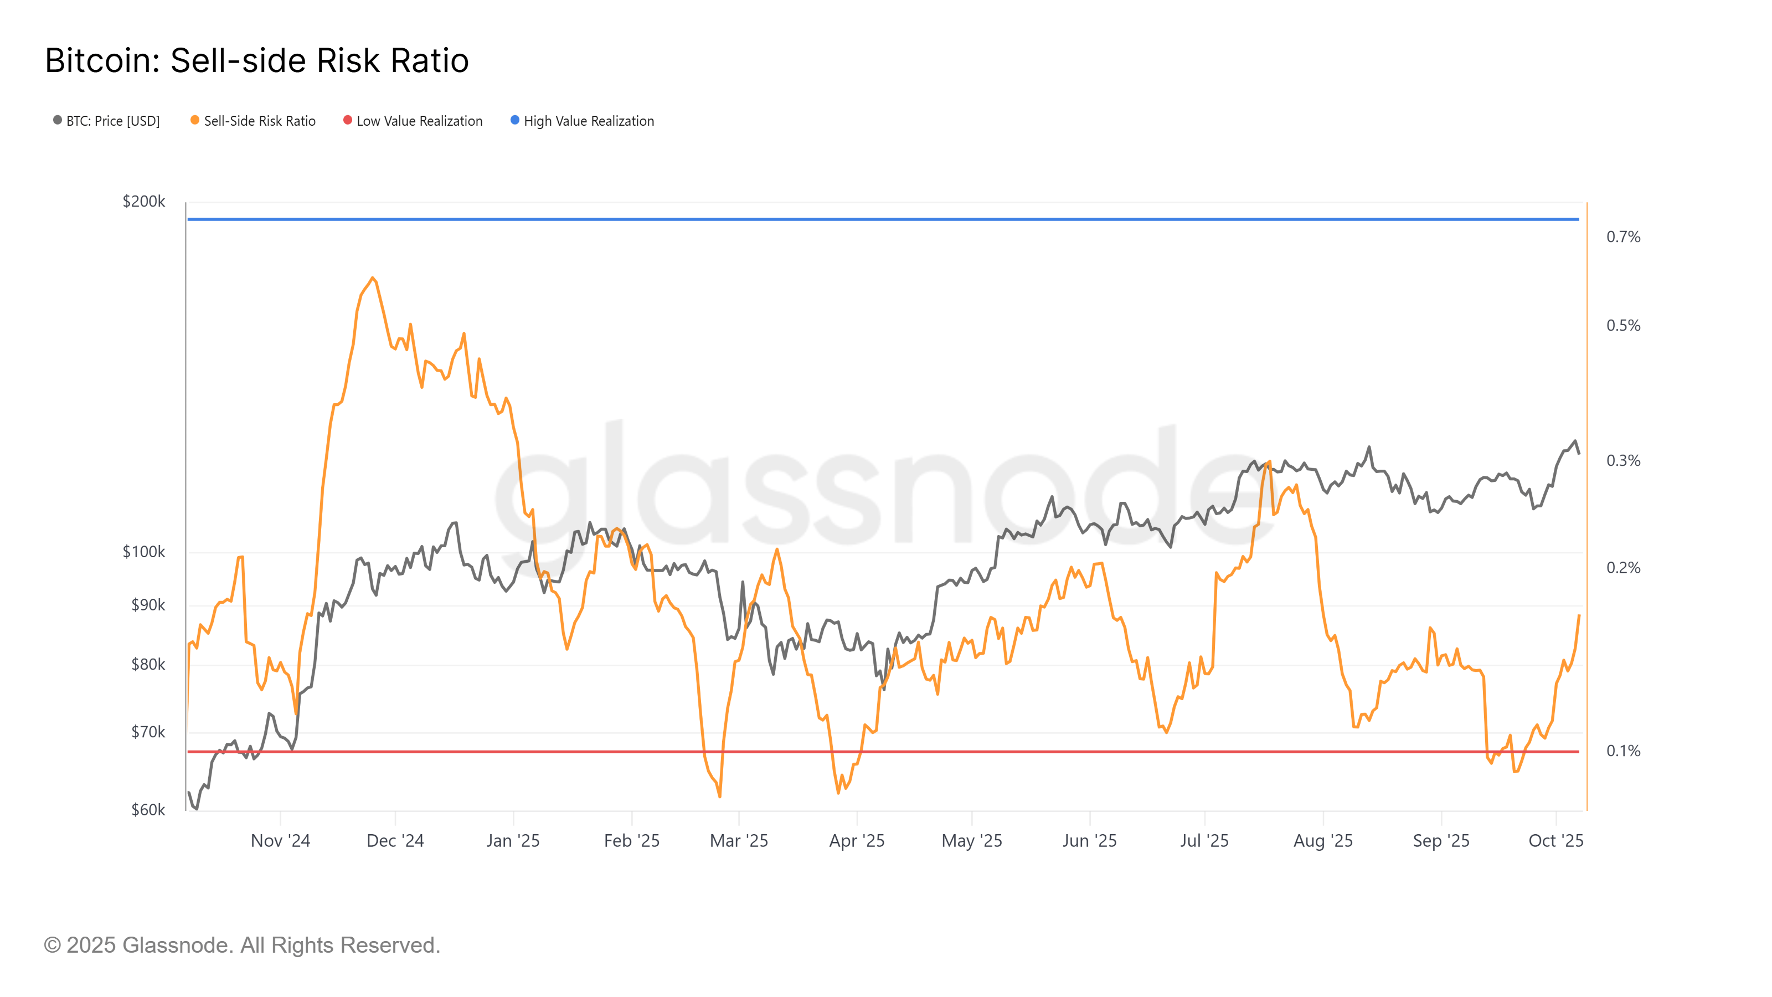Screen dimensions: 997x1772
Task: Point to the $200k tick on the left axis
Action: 144,202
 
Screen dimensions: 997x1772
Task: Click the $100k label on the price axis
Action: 144,552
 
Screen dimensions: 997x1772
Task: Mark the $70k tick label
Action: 148,732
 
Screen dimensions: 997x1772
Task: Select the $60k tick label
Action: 148,810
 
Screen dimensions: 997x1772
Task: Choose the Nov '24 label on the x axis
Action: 280,841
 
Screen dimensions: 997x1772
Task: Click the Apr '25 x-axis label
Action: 857,841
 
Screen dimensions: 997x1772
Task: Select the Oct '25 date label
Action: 1555,841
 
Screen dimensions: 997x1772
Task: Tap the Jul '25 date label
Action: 1204,841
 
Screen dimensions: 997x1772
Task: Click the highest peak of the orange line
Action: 373,278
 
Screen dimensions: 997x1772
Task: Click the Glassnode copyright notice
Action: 241,945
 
